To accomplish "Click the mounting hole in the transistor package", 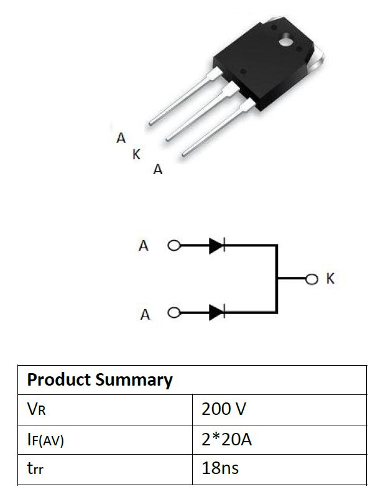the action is [x=286, y=41].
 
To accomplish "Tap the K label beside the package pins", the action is [x=136, y=154].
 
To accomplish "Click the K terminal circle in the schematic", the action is [x=312, y=279].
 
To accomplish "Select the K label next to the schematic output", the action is [x=330, y=279].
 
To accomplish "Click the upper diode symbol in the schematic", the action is [x=217, y=245].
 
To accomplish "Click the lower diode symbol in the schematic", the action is [x=217, y=312].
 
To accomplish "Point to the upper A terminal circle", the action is [x=174, y=245].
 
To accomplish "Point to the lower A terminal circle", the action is [x=174, y=312].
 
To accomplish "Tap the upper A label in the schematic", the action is [x=144, y=245].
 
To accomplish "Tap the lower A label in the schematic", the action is [x=145, y=314].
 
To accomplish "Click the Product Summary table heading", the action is [x=99, y=380].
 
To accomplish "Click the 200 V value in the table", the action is [x=224, y=409].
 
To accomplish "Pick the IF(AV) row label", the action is [x=45, y=440].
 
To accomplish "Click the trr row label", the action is [x=35, y=468].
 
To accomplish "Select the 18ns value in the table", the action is [x=220, y=468].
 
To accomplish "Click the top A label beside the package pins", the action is [x=121, y=138].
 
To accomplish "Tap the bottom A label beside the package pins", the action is [x=158, y=170].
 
